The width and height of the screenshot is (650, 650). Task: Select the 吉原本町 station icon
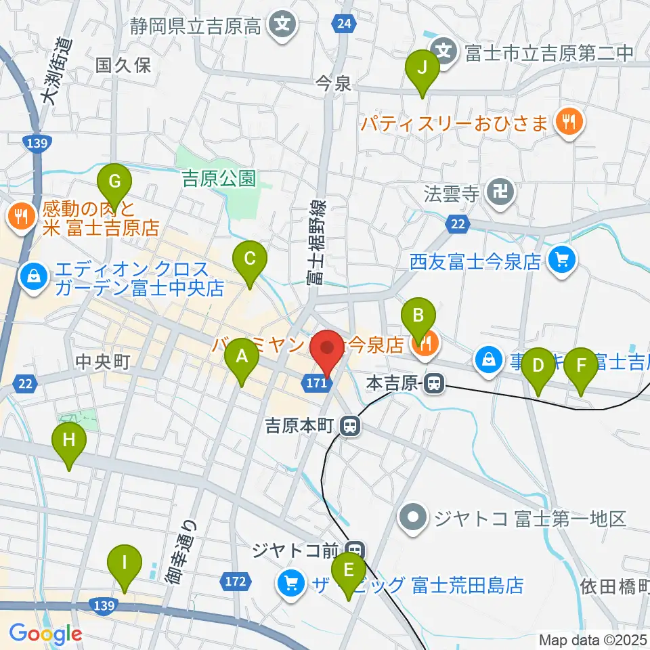click(349, 427)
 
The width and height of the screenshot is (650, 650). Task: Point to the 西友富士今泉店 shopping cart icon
click(561, 261)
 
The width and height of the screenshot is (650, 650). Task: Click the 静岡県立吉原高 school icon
click(280, 26)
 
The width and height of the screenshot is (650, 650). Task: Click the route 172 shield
click(233, 581)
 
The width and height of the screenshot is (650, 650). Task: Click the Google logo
click(45, 634)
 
